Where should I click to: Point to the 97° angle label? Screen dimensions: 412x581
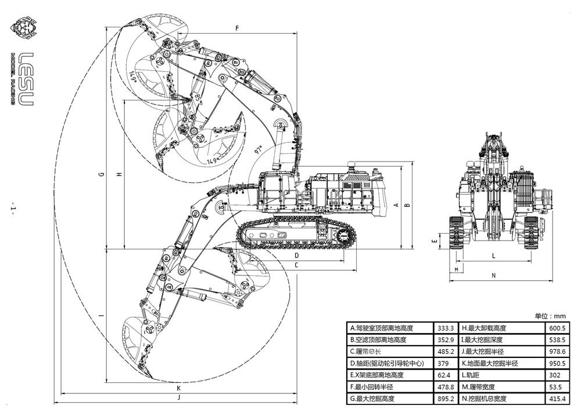tap(260, 151)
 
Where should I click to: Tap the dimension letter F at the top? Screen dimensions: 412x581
tap(237, 28)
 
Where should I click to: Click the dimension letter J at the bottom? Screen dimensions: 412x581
tap(179, 397)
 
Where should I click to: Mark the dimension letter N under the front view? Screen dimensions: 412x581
tap(493, 275)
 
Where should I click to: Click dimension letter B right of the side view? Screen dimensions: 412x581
tap(407, 205)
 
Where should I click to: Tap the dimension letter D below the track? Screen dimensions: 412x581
tap(296, 255)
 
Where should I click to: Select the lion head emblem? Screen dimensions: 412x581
tap(23, 28)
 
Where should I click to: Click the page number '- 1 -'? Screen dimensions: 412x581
tap(13, 209)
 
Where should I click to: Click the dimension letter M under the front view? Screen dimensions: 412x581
tap(457, 270)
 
